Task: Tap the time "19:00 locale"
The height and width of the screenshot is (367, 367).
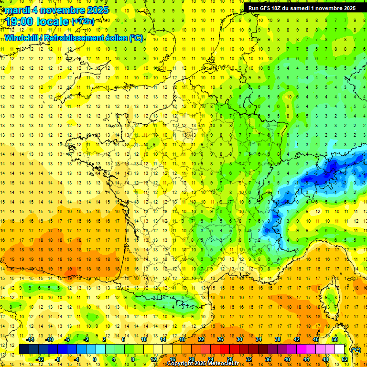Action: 37,21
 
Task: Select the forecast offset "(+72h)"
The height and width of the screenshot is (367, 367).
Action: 84,22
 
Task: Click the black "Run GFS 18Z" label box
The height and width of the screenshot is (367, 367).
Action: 302,8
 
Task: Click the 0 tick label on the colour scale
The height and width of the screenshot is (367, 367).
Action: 95,359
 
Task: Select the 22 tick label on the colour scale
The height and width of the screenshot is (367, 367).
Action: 201,339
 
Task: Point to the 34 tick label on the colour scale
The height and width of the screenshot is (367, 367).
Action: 259,339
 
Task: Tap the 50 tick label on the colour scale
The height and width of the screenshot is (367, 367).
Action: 335,339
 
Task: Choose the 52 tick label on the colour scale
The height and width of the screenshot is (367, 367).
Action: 345,359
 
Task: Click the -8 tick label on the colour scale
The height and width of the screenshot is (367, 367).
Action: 58,359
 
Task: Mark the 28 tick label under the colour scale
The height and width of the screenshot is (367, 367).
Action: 230,359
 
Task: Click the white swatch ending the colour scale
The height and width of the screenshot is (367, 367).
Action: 340,349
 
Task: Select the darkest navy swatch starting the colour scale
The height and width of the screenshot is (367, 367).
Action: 24,349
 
